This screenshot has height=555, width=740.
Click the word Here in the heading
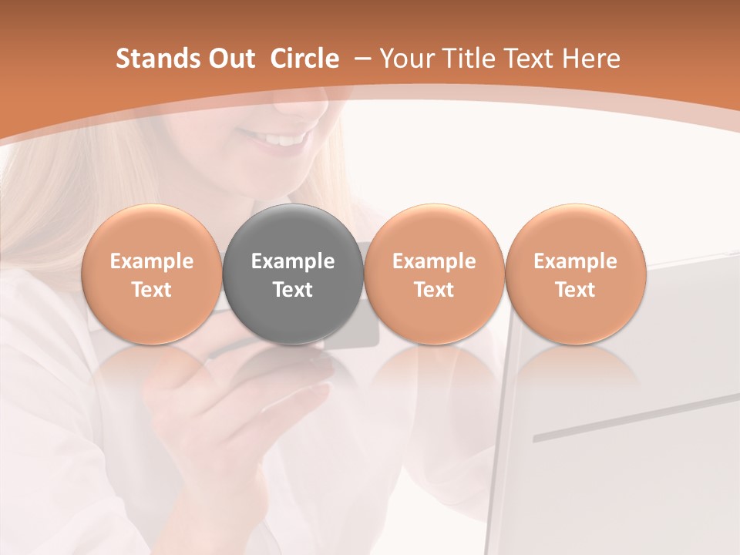[x=592, y=59]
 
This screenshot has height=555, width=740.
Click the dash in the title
[x=362, y=59]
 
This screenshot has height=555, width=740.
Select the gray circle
[x=293, y=274]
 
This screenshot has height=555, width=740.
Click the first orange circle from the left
[x=151, y=274]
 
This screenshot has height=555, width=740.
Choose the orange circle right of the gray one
[x=434, y=274]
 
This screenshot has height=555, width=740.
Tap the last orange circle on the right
[x=575, y=274]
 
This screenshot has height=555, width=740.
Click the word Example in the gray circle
[x=293, y=261]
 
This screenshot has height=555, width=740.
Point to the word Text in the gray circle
[x=293, y=290]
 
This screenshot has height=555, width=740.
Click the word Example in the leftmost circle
[x=151, y=261]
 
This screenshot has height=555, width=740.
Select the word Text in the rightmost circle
[x=575, y=290]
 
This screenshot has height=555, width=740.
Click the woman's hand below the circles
[x=231, y=432]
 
